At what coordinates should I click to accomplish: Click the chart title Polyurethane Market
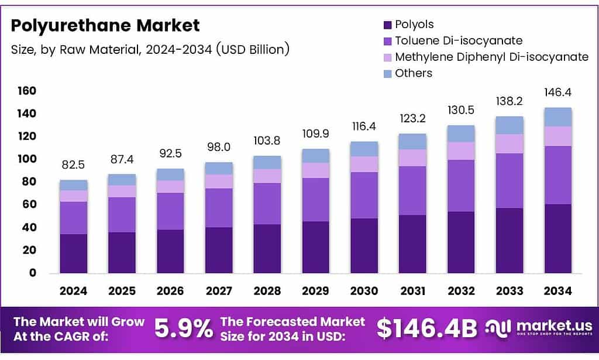(106, 26)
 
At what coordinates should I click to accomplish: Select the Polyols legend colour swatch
(387, 25)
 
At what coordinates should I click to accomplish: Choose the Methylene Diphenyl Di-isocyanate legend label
(491, 57)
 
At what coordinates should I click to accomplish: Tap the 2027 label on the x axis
(219, 291)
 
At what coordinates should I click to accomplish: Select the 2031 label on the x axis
(412, 291)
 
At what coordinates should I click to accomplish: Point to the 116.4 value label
(364, 126)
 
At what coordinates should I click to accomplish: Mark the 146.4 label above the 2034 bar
(557, 92)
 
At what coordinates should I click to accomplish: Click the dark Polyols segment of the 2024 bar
(74, 253)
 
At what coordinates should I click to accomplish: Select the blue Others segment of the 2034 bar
(557, 117)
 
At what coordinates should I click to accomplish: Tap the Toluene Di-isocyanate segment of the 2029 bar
(315, 200)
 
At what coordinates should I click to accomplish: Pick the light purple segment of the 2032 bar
(461, 151)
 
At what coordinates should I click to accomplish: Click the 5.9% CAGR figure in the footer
(184, 329)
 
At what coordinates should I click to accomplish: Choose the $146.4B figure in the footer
(426, 329)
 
